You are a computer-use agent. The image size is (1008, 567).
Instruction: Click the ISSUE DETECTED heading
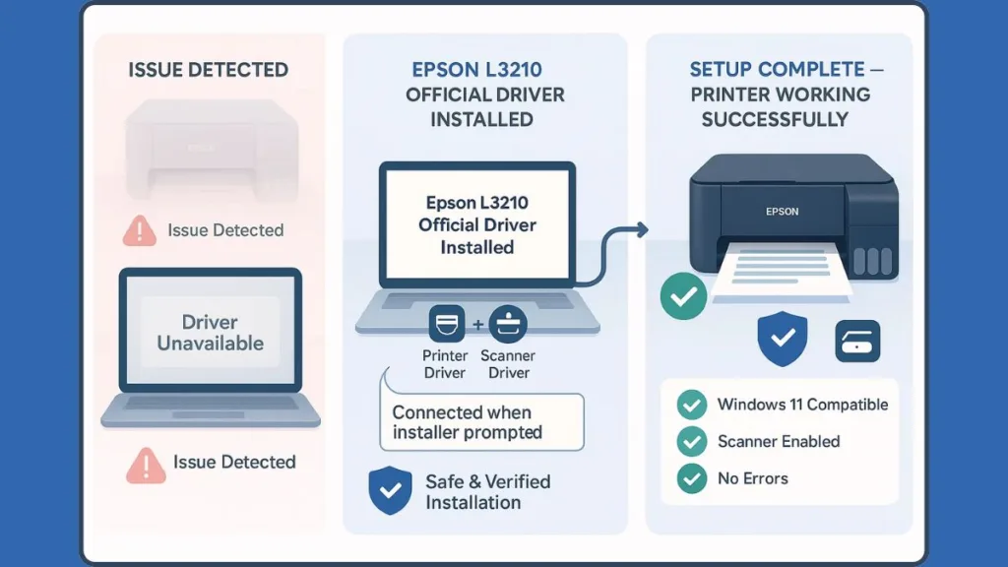point(208,70)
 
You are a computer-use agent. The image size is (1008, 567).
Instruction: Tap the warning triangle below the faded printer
point(140,231)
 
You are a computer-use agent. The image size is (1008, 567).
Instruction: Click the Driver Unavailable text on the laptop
point(210,333)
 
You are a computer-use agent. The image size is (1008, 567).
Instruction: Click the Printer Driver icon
point(446,323)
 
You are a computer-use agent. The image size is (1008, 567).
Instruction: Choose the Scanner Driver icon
point(508,323)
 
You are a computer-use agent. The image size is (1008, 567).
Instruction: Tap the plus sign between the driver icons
point(477,324)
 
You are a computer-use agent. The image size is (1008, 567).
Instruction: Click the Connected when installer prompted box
point(481,422)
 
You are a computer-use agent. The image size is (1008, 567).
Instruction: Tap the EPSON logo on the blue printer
point(782,211)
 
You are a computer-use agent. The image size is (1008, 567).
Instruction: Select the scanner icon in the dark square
point(856,341)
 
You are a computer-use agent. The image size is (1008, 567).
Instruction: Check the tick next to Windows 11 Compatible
point(693,405)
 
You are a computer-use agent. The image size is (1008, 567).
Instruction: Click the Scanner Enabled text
point(779,441)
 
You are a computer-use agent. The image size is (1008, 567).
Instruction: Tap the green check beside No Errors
point(693,478)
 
